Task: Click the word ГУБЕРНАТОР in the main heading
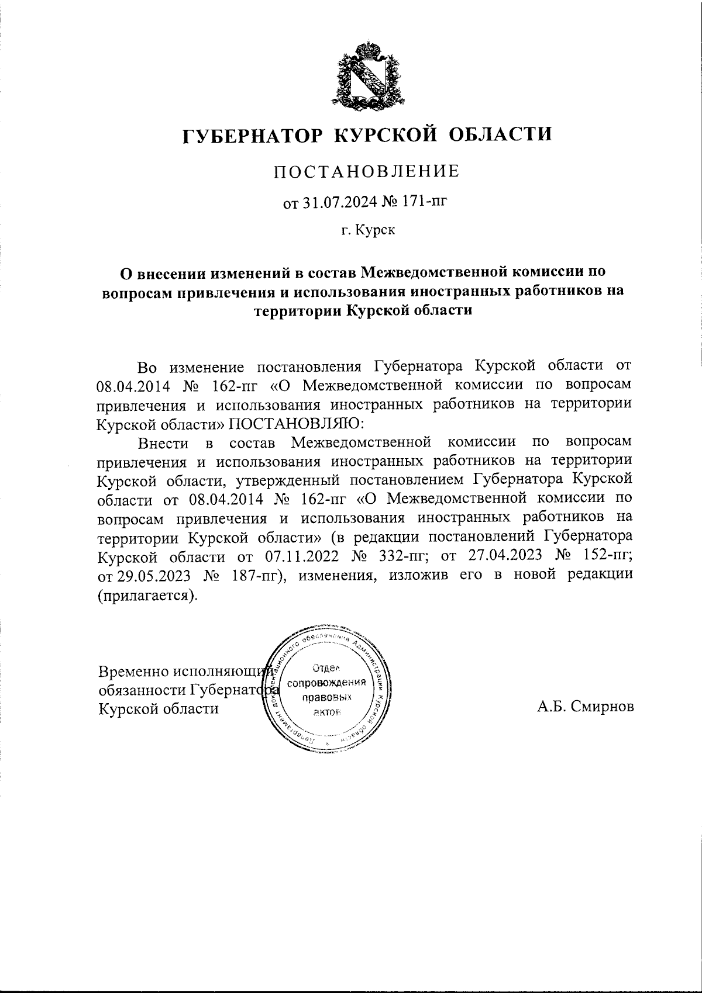pos(252,136)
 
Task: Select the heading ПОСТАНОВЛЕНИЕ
pos(367,171)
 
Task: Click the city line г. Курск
pos(369,231)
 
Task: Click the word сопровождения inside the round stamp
pos(331,683)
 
